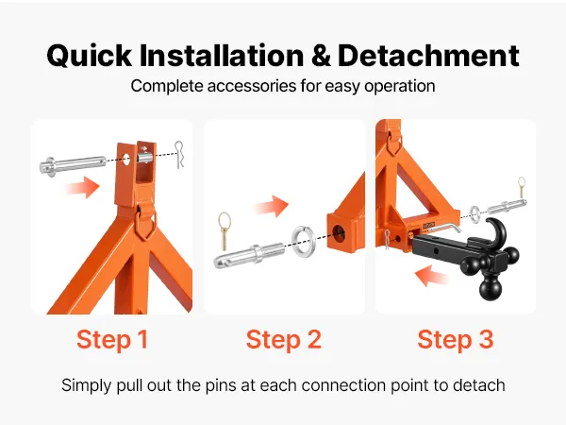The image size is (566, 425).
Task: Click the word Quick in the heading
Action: click(x=90, y=56)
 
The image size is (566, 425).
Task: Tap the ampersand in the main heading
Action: click(x=321, y=56)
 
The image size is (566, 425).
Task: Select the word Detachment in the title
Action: click(x=429, y=56)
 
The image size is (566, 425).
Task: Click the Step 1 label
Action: click(x=112, y=340)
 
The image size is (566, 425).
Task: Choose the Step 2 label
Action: click(x=283, y=340)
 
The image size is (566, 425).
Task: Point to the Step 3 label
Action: click(x=456, y=340)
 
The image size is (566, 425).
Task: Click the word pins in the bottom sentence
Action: click(x=222, y=385)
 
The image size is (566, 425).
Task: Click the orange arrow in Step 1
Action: click(x=83, y=187)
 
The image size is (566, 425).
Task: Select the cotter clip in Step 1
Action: click(x=179, y=155)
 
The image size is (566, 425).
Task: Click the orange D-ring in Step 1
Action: click(x=145, y=224)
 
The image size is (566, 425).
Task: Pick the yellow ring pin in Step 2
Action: click(x=225, y=231)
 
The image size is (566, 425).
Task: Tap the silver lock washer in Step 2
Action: click(x=303, y=242)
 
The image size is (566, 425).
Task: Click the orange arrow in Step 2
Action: click(x=272, y=206)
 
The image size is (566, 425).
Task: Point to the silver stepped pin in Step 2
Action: click(x=249, y=255)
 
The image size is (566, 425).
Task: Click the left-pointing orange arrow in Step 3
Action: click(x=432, y=276)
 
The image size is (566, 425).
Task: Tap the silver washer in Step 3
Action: click(x=475, y=212)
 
